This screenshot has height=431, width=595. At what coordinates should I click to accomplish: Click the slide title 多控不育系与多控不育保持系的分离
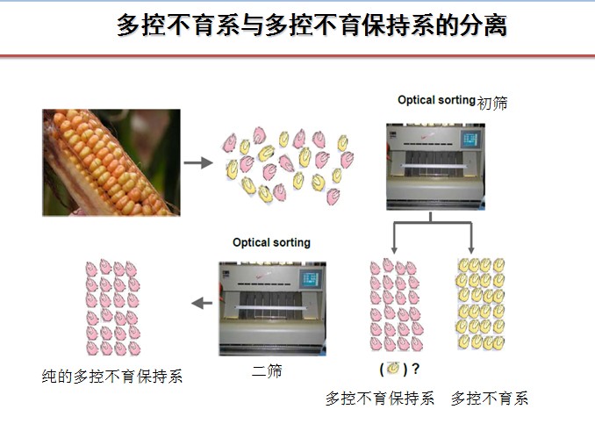click(x=312, y=25)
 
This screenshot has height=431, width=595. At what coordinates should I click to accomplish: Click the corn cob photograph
click(x=111, y=162)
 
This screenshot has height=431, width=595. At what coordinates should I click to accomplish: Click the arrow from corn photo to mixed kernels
click(x=198, y=162)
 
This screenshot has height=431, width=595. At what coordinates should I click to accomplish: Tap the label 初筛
click(x=492, y=103)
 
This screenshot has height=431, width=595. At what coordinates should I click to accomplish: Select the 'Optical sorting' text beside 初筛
click(x=436, y=100)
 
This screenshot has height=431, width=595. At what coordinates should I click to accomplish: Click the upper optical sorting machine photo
click(x=435, y=167)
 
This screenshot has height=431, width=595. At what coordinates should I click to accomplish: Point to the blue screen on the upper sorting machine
click(x=470, y=140)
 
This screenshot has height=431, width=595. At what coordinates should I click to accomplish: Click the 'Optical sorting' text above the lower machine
click(x=271, y=242)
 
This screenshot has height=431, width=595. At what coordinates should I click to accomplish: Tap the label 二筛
click(x=267, y=370)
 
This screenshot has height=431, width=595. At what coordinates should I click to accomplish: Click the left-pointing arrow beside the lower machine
click(x=202, y=303)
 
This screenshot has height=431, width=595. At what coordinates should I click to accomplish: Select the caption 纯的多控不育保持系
click(x=112, y=377)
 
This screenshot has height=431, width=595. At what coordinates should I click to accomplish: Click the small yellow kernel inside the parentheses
click(x=393, y=368)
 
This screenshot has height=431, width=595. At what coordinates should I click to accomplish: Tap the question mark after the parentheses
click(x=415, y=369)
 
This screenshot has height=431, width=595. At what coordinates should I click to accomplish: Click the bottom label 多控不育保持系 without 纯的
click(x=380, y=399)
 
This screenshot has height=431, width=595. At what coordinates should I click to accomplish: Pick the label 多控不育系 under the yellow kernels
click(x=490, y=399)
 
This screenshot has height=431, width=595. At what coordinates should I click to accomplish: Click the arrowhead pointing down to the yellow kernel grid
click(x=471, y=250)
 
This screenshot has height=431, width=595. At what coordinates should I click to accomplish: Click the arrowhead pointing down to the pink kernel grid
click(x=394, y=250)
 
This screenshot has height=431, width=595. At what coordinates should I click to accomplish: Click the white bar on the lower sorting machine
click(x=271, y=308)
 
